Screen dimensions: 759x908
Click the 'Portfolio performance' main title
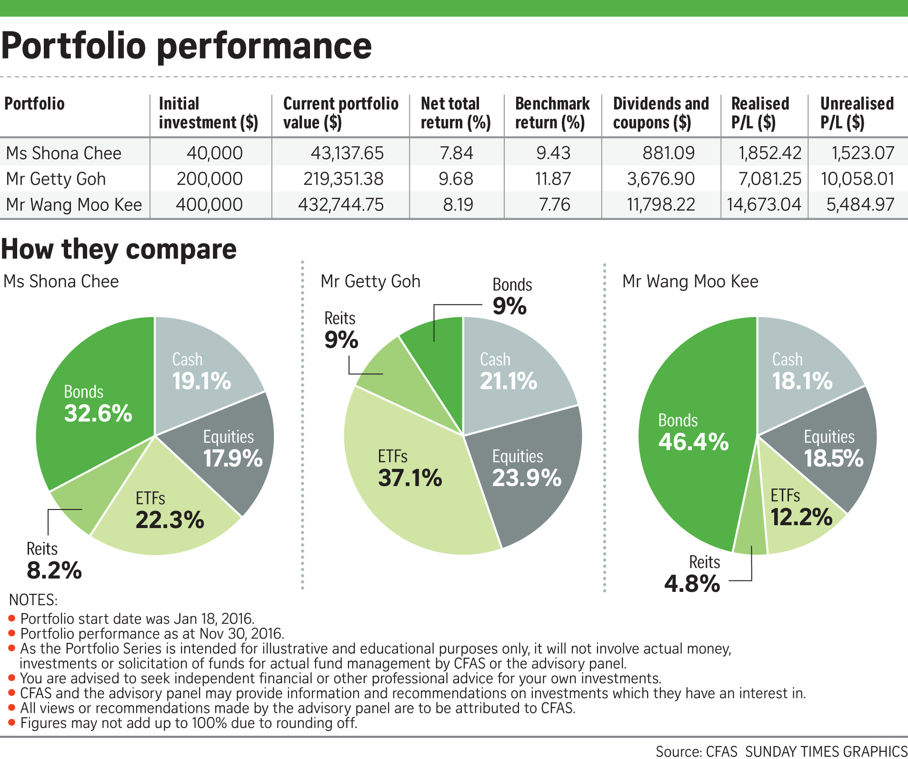click(x=186, y=46)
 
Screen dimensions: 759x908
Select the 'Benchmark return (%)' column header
click(x=552, y=113)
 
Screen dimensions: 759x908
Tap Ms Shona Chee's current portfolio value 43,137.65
click(x=347, y=153)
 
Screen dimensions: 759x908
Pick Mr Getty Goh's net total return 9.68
click(x=456, y=179)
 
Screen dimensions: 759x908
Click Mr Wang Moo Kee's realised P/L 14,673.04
click(x=764, y=204)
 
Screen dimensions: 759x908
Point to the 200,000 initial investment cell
click(x=210, y=179)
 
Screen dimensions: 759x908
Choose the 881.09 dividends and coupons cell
click(x=668, y=153)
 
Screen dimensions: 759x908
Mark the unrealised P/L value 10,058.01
click(x=857, y=179)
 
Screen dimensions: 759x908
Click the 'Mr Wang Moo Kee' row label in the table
click(x=74, y=204)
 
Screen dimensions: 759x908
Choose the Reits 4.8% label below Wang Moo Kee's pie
click(x=693, y=574)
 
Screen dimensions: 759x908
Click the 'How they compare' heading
click(x=119, y=249)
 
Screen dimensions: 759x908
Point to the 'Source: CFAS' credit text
click(x=696, y=751)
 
